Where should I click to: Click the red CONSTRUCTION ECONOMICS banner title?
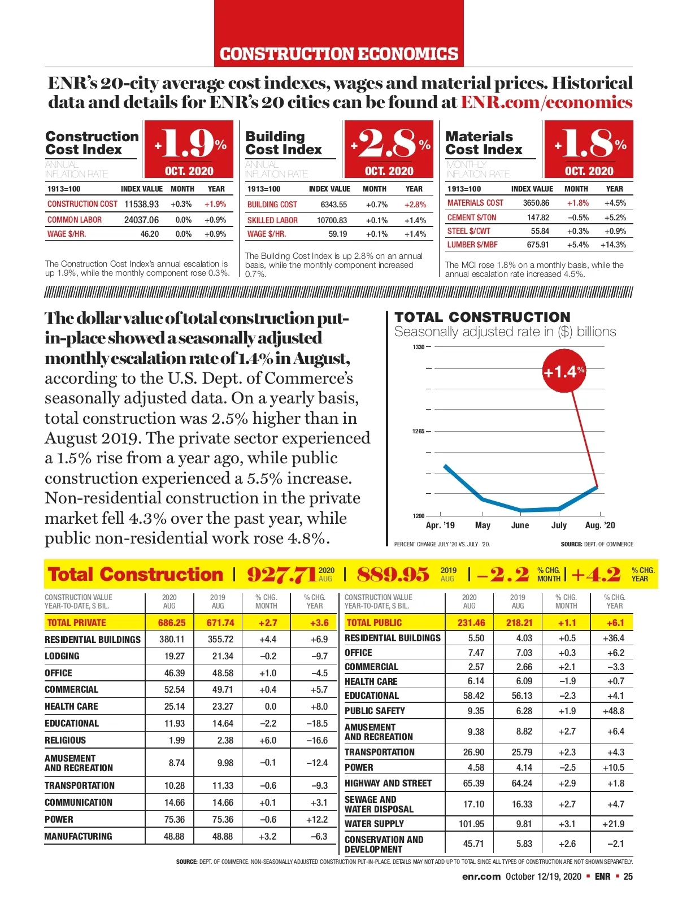coord(339,54)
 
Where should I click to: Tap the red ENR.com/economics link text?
coord(546,102)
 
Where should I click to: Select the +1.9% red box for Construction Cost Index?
coord(189,149)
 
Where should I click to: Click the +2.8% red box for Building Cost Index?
coord(389,149)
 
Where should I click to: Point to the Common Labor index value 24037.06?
coord(141,220)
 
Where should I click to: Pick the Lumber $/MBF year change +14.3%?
coord(613,245)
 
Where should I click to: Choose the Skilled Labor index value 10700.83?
coord(332,220)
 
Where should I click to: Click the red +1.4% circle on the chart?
coord(563,372)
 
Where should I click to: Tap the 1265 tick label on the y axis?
coord(418,431)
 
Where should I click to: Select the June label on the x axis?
coord(520,525)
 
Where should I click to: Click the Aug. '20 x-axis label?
coord(600,525)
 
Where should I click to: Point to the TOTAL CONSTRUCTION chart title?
coord(483,317)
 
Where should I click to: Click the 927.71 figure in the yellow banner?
coord(281,575)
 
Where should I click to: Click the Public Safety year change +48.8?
coord(613,711)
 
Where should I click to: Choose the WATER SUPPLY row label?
coord(374,824)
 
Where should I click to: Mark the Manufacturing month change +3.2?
coord(267,836)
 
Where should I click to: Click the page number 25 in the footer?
coord(628,876)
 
